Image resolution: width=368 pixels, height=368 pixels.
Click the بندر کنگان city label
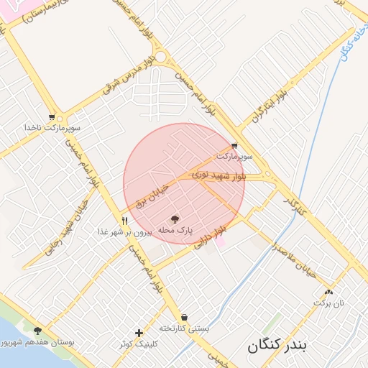277,346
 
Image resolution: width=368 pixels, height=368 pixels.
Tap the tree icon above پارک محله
175,218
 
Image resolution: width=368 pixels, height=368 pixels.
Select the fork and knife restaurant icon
125,221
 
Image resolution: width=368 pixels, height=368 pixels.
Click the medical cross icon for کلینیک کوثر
139,333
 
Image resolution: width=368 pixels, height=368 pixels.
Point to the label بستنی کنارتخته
185,328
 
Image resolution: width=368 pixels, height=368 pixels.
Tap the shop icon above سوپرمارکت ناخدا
52,116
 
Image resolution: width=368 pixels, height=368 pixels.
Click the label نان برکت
328,303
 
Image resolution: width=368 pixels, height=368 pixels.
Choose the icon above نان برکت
329,292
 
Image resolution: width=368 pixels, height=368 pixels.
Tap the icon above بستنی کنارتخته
185,317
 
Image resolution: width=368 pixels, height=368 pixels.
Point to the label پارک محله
176,230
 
